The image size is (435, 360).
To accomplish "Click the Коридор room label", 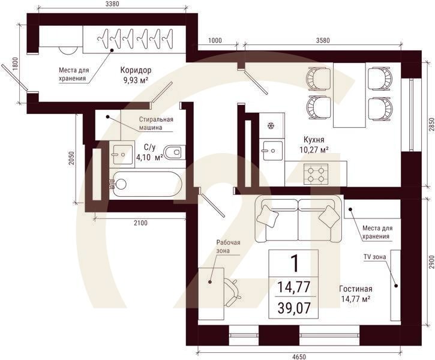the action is click(x=136, y=70).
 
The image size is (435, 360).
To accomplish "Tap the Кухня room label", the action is click(x=314, y=139).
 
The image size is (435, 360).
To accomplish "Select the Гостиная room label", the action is click(x=356, y=289).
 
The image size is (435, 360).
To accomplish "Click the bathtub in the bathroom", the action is click(x=146, y=184).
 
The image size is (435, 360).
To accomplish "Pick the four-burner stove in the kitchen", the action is click(x=316, y=174).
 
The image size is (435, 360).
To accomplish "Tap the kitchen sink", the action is click(x=272, y=151).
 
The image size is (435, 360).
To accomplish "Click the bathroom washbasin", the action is click(x=122, y=154).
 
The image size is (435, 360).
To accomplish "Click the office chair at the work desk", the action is click(x=232, y=292).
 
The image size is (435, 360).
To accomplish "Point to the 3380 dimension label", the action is click(x=112, y=4).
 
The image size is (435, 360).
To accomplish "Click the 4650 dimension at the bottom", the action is click(x=299, y=356).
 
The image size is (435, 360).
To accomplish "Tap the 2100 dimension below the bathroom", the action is click(x=140, y=223).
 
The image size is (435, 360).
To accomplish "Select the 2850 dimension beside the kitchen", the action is click(x=431, y=125).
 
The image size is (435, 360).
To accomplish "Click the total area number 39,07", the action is click(x=294, y=308).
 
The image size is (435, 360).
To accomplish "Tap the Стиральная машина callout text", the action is click(x=156, y=124).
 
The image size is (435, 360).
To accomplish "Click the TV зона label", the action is click(x=374, y=257).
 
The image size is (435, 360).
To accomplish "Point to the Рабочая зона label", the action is click(x=229, y=246).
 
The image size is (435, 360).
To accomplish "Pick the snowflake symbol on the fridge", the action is click(x=271, y=126).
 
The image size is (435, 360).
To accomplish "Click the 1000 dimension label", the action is click(x=215, y=40).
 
